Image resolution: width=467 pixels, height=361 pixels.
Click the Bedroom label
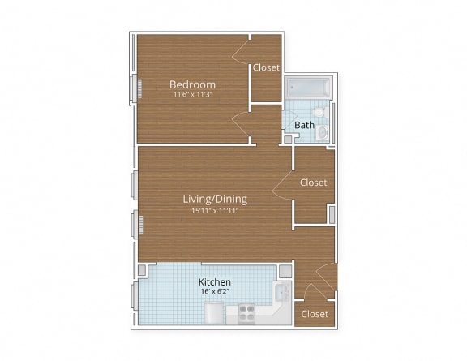[x=192, y=84]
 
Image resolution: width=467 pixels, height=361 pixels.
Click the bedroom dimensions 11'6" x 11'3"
[x=192, y=95]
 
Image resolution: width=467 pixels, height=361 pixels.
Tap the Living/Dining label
[x=214, y=199]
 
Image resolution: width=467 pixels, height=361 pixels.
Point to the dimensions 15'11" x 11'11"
[x=214, y=210]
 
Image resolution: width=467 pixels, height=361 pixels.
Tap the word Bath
[x=304, y=125]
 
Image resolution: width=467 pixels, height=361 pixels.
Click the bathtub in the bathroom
[x=306, y=87]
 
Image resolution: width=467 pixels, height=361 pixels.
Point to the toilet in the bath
[x=319, y=111]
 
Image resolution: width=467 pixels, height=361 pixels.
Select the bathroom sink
[x=323, y=131]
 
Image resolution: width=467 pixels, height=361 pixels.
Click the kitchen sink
[x=281, y=292]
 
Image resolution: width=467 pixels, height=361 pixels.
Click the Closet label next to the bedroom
[x=266, y=67]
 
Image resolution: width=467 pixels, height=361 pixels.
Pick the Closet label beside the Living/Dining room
[x=313, y=183]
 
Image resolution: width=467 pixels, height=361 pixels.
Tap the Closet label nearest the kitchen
[x=315, y=314]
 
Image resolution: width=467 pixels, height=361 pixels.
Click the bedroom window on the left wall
[x=139, y=88]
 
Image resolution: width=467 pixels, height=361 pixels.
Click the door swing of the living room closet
[x=283, y=185]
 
